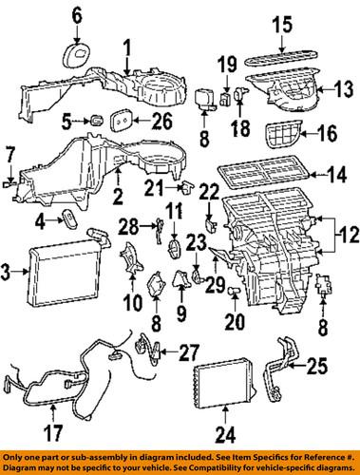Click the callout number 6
pyautogui.click(x=77, y=13)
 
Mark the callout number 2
pyautogui.click(x=118, y=199)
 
